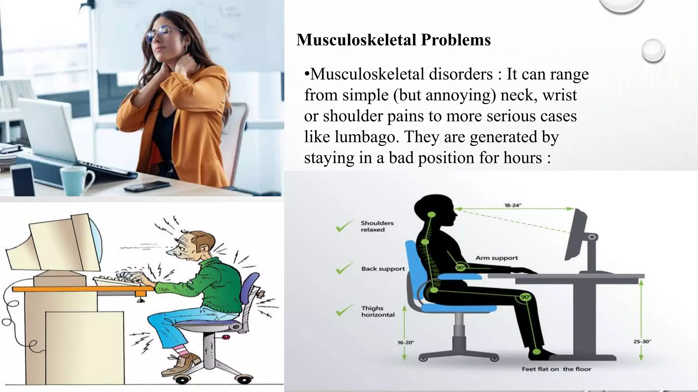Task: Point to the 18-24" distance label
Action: coord(513,205)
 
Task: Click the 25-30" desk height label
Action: coord(642,341)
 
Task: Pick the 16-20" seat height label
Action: coord(406,342)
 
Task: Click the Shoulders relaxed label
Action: coord(377,226)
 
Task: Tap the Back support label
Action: coord(383,269)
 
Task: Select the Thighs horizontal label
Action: coord(378,311)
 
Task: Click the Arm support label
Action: coord(497,258)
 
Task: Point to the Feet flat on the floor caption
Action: coord(556,369)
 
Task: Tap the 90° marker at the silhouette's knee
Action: coord(525,297)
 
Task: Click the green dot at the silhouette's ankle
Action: coord(536,352)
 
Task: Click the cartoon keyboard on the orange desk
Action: coord(118,280)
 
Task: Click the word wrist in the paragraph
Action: coord(560,95)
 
